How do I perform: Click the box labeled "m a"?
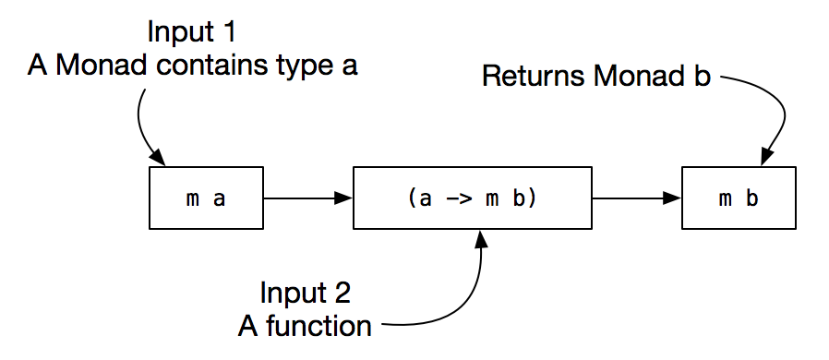(206, 198)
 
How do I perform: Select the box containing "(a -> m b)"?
(472, 198)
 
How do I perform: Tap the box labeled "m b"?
(739, 198)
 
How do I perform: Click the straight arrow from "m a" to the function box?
(307, 198)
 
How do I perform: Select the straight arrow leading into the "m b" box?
(636, 198)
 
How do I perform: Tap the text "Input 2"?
(305, 294)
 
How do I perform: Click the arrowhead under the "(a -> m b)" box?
(480, 238)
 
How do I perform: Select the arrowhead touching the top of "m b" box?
(765, 160)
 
